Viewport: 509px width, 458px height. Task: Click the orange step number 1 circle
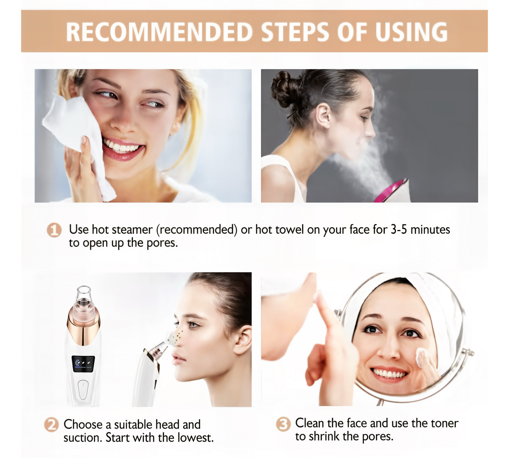click(54, 230)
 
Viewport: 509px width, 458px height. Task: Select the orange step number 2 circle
click(51, 425)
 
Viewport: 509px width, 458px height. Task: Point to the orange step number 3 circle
click(283, 424)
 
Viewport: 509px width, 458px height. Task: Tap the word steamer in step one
click(132, 230)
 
